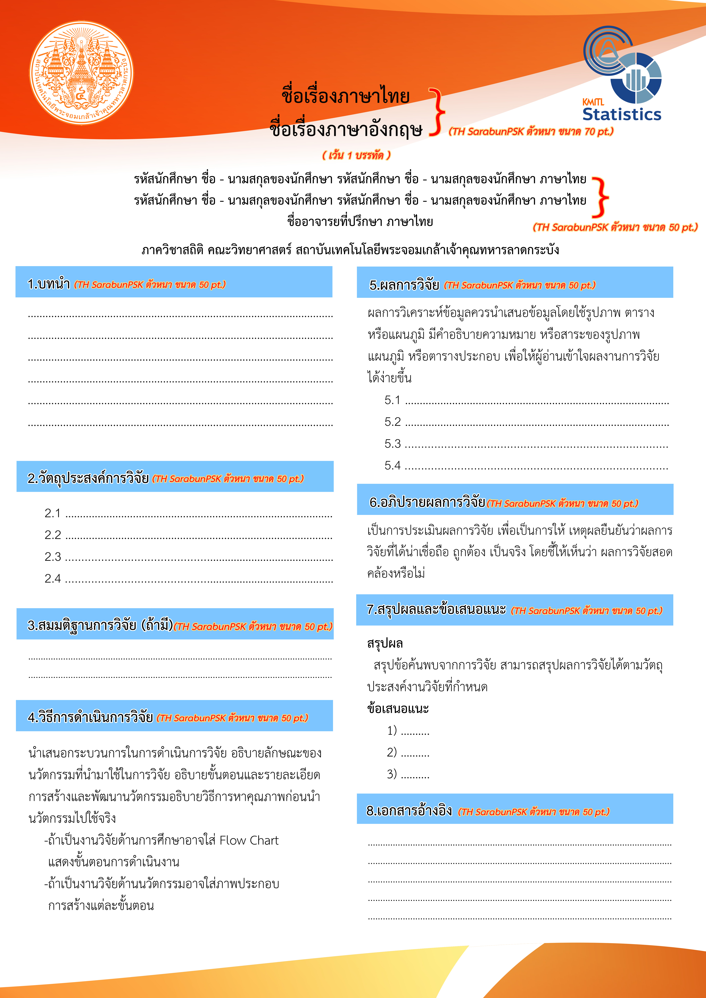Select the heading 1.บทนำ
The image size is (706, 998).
[49, 284]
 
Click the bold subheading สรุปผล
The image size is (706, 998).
[385, 643]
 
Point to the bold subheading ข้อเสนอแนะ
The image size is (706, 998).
[398, 709]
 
